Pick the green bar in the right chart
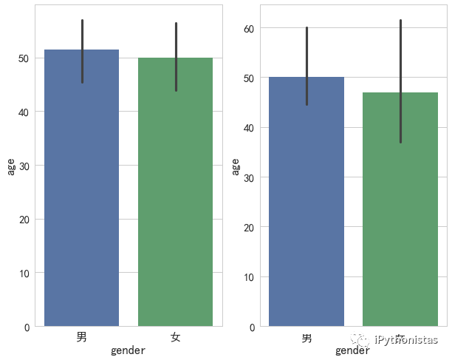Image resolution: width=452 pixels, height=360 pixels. pos(400,222)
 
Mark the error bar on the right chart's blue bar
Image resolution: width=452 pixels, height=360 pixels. pos(307,67)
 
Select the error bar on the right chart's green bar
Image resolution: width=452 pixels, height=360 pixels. pos(400,81)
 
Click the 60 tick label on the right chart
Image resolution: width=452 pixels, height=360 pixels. pos(249,28)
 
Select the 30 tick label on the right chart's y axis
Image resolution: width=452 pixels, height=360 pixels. pos(249,177)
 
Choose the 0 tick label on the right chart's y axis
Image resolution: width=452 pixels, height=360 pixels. pos(252,327)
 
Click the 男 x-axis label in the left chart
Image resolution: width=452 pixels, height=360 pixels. pos(82,337)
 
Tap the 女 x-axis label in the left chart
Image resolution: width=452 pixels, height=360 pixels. pos(176,337)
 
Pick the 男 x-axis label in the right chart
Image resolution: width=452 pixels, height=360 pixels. pos(307,338)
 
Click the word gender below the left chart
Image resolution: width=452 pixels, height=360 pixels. pos(128,351)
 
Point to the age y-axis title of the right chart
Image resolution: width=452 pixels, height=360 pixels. pos(236,167)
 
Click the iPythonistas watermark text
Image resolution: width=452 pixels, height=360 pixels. pos(406,340)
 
